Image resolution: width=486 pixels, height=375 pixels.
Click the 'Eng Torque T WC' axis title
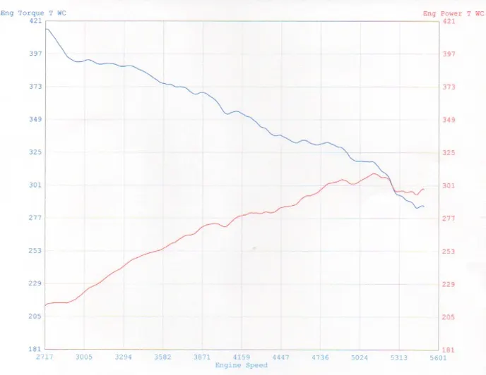coord(33,13)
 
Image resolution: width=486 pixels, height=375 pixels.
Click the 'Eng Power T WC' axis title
coord(453,13)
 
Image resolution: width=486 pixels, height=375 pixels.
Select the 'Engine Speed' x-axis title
coord(242,365)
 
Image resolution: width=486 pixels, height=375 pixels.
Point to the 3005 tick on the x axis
coord(84,357)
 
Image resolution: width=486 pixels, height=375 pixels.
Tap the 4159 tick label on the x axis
coord(242,357)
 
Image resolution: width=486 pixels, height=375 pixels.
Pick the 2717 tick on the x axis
coord(45,357)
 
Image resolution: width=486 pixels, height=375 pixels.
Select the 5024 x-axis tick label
coord(360,357)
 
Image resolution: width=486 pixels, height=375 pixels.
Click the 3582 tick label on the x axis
coord(162,357)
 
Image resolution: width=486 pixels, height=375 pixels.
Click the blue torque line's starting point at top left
coord(45,29)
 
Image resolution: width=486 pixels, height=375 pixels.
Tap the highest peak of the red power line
coord(374,173)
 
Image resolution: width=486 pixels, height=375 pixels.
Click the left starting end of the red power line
coord(45,305)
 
